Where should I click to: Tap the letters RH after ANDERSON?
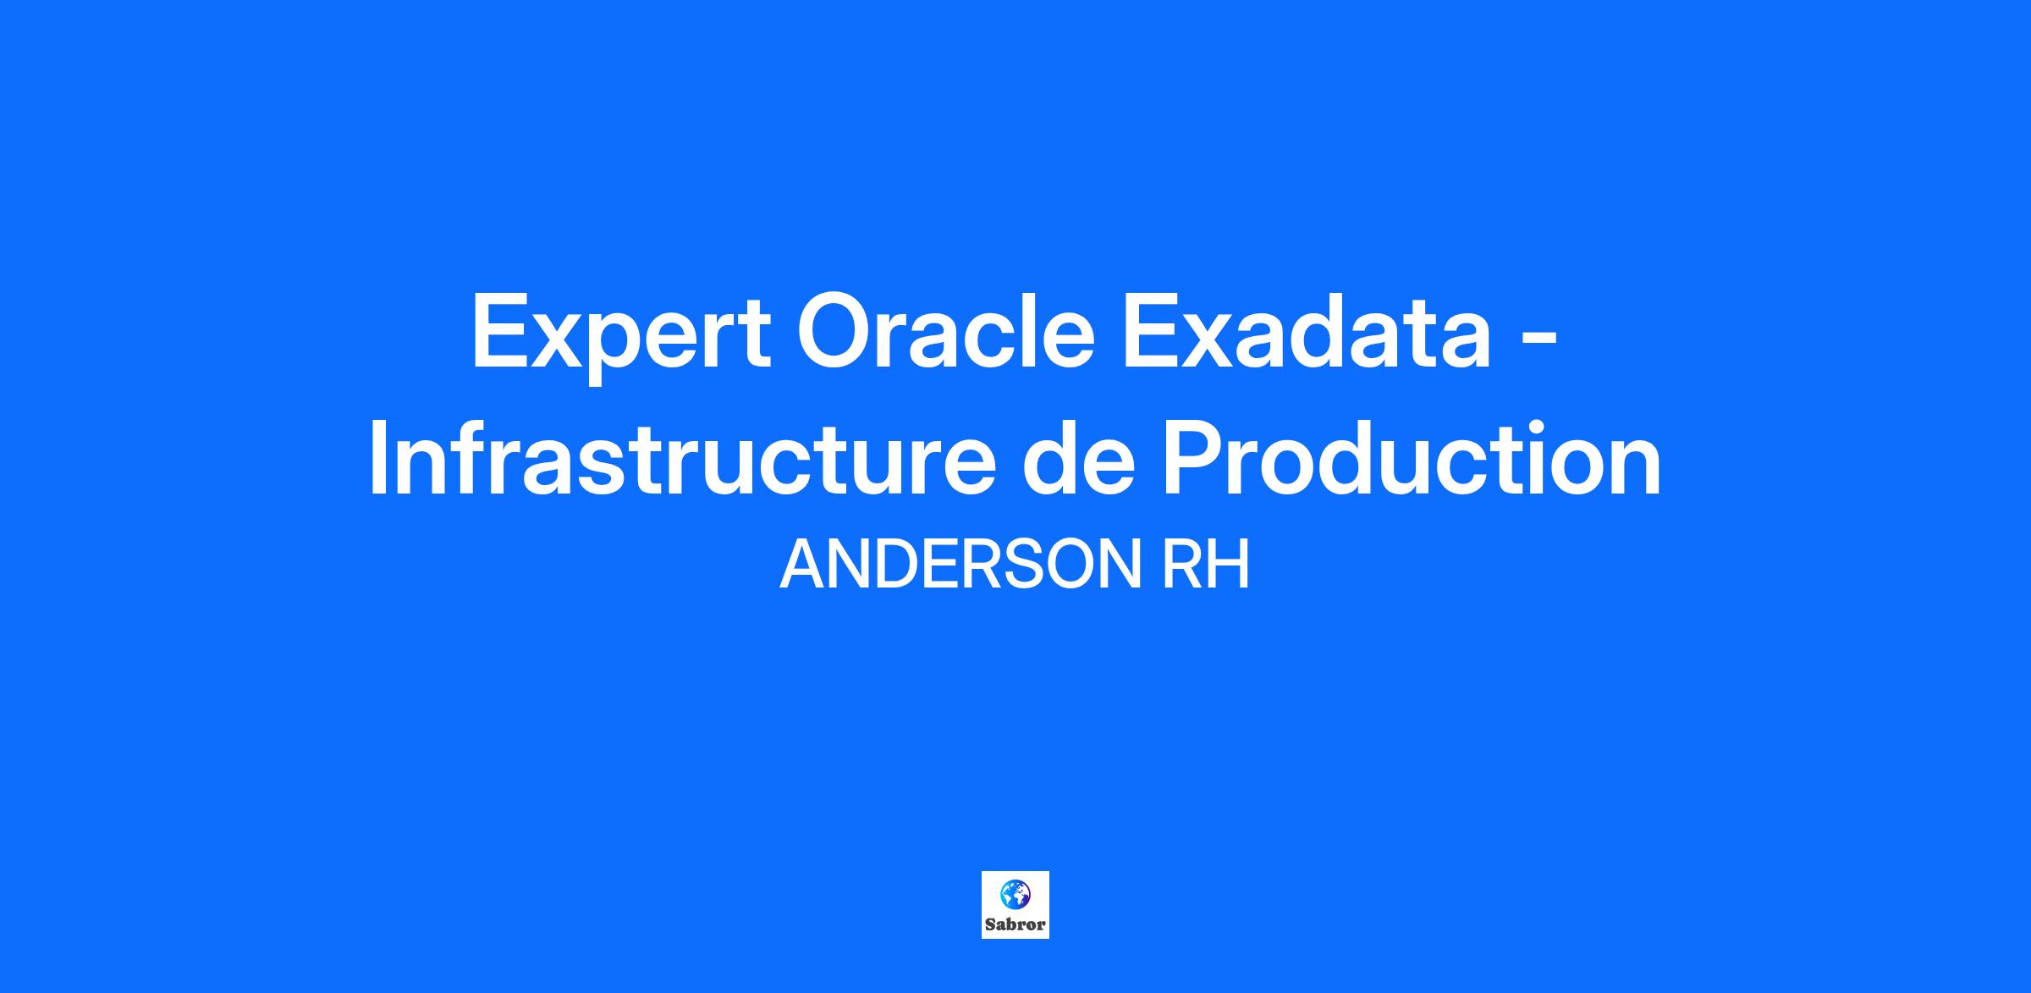point(1206,565)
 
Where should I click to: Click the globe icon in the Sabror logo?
point(1015,894)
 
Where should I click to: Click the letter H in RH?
point(1230,565)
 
